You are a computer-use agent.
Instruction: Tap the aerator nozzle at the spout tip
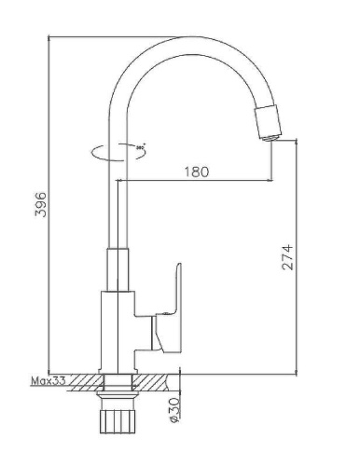coord(268,122)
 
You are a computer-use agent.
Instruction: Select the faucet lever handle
coord(171,302)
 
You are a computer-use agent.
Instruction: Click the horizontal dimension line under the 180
coord(196,180)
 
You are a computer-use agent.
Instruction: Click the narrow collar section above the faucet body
coord(117,270)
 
